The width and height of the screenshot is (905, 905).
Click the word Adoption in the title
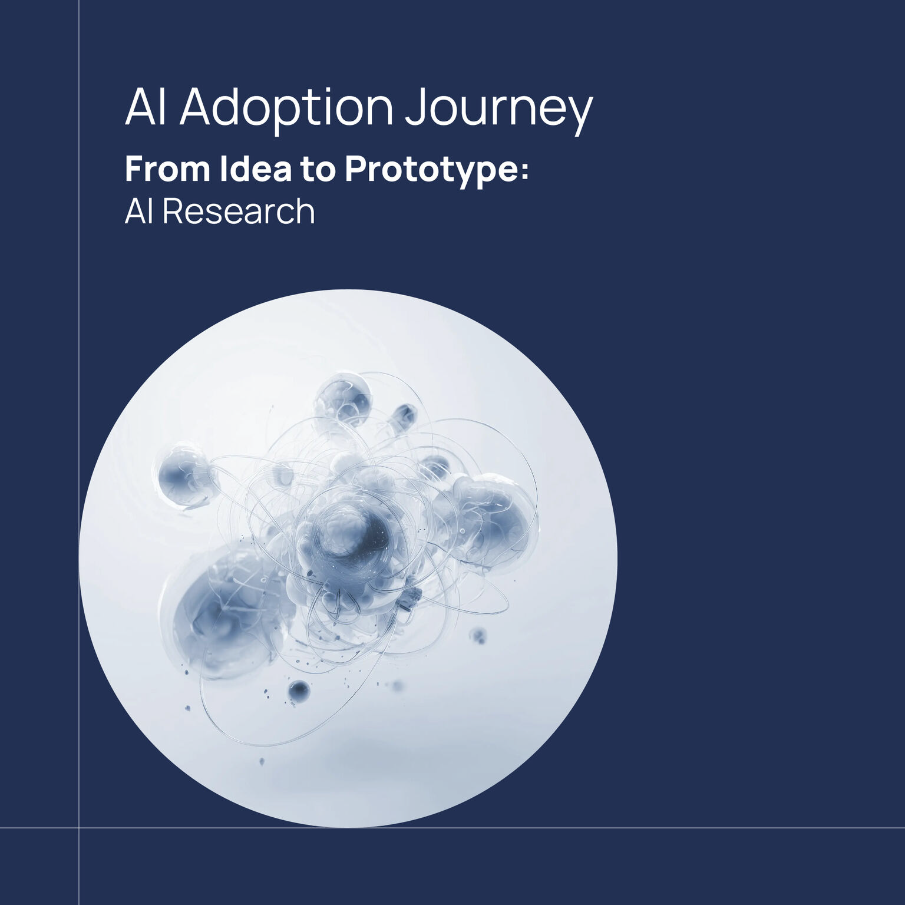pyautogui.click(x=286, y=108)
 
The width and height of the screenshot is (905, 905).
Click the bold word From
pyautogui.click(x=167, y=169)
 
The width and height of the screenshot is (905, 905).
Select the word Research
pyautogui.click(x=239, y=211)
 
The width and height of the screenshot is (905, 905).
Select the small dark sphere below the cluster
pyautogui.click(x=299, y=690)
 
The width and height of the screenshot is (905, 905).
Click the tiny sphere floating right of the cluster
pyautogui.click(x=478, y=636)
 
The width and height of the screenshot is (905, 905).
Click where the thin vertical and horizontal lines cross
pyautogui.click(x=79, y=828)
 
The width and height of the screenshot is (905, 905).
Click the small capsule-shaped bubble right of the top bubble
pyautogui.click(x=404, y=415)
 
